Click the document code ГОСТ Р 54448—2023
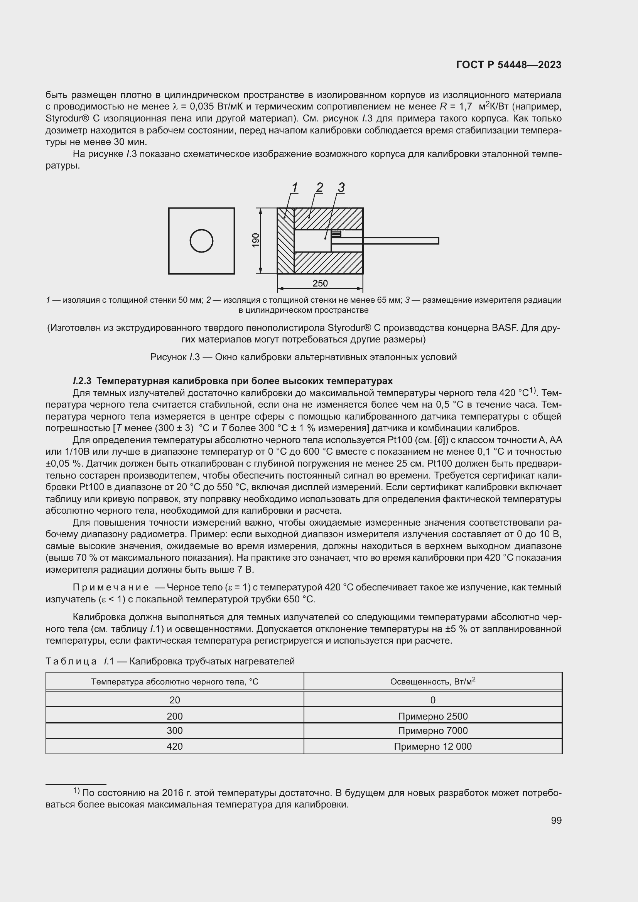click(x=509, y=65)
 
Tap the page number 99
click(x=556, y=820)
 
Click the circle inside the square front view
click(x=201, y=241)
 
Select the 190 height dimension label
click(x=256, y=240)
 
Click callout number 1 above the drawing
click(x=295, y=187)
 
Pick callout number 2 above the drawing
click(x=319, y=187)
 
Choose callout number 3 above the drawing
click(x=341, y=187)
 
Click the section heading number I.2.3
click(x=82, y=381)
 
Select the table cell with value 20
click(x=175, y=700)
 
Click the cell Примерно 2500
click(x=432, y=716)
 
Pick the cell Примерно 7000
click(x=432, y=731)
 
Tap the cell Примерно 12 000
click(x=432, y=747)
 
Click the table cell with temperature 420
click(x=175, y=747)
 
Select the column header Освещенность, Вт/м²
click(x=432, y=681)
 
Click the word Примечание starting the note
click(x=111, y=587)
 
